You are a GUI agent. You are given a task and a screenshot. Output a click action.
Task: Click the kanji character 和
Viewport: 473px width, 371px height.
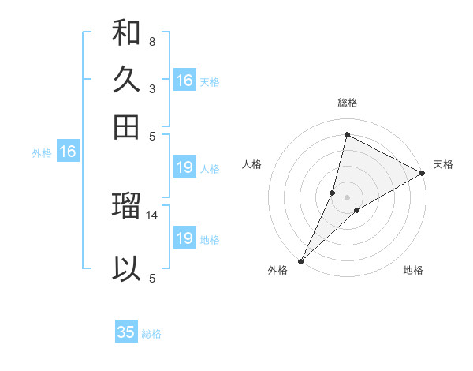[x=126, y=33]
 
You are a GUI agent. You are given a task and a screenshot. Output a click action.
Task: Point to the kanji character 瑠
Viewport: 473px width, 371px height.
[x=126, y=206]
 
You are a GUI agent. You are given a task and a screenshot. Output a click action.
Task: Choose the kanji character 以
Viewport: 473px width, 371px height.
[x=126, y=268]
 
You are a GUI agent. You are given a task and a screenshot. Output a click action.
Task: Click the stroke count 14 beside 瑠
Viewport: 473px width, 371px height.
[x=153, y=215]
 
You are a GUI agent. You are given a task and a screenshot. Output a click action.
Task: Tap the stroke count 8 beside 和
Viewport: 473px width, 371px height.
[x=151, y=41]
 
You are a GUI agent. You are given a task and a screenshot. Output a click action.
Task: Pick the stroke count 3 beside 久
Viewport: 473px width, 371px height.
[x=151, y=88]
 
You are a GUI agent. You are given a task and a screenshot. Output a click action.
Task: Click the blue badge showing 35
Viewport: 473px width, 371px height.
[x=126, y=332]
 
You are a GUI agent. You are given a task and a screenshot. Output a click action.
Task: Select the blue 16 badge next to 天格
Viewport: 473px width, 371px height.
[x=184, y=81]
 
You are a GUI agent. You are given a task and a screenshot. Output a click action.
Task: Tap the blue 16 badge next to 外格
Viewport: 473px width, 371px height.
[x=68, y=152]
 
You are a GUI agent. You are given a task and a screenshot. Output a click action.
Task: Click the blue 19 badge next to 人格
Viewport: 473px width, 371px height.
[x=184, y=167]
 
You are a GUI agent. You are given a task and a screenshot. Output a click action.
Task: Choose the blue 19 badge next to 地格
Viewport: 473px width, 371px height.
[x=184, y=238]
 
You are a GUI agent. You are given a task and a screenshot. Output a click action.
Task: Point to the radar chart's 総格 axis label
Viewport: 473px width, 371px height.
[x=348, y=103]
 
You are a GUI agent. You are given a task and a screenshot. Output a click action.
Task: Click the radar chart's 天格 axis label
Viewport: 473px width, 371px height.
[x=443, y=164]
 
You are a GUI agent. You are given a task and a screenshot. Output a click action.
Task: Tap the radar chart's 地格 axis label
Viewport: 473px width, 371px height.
[x=413, y=270]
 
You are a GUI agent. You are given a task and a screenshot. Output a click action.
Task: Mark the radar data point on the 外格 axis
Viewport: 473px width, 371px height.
[x=300, y=260]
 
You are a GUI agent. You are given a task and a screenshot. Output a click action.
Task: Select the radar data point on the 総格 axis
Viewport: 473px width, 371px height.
[x=347, y=135]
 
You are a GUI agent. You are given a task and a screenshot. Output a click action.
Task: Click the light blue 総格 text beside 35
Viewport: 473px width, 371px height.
[x=151, y=333]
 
